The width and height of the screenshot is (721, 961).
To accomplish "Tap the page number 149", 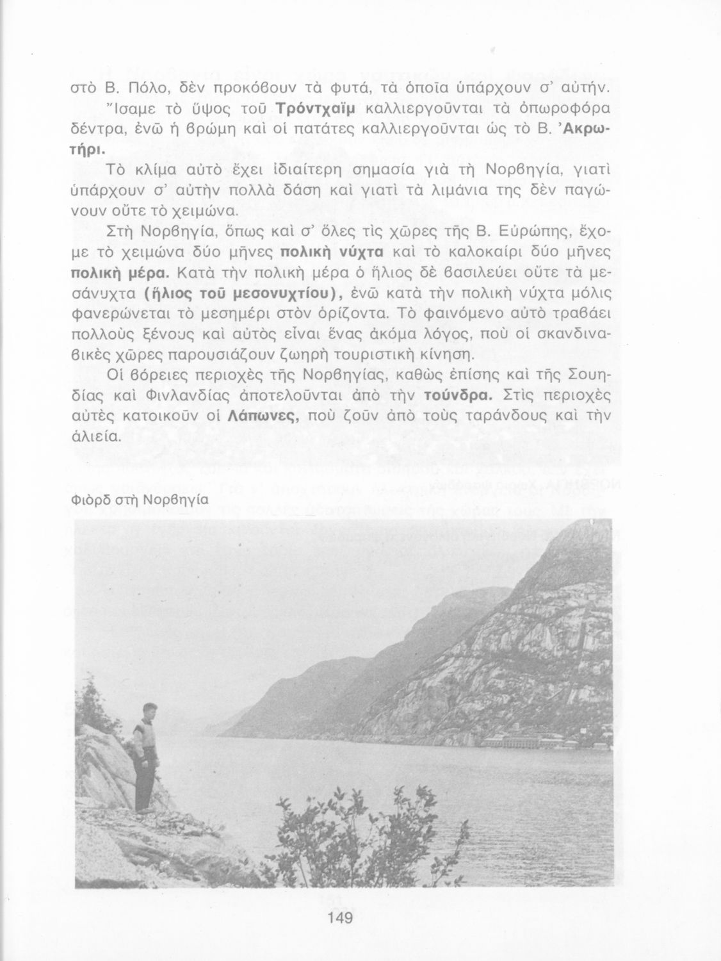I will [340, 918].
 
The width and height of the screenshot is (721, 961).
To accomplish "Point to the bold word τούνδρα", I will [458, 396].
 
